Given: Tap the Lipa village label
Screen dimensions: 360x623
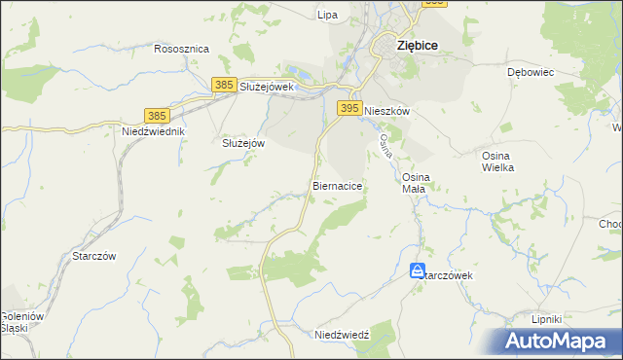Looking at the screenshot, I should pyautogui.click(x=327, y=15).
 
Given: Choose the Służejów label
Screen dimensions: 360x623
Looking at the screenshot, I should pyautogui.click(x=244, y=142).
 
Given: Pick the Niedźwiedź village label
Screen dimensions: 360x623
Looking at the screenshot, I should pyautogui.click(x=342, y=335).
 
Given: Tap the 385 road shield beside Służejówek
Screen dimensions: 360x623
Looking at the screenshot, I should pyautogui.click(x=224, y=86).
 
